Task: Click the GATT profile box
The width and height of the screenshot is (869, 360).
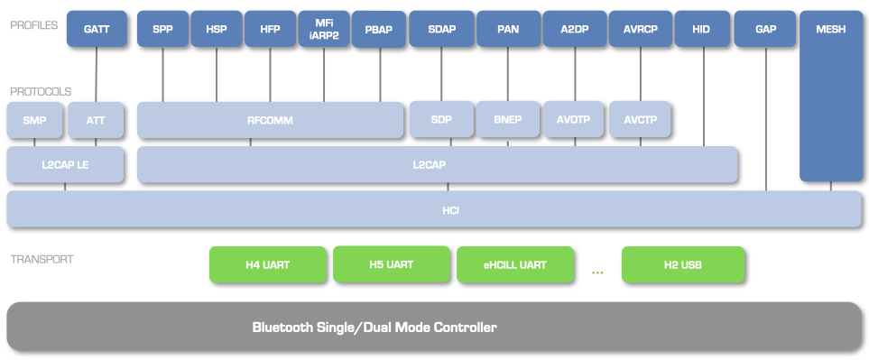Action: (97, 29)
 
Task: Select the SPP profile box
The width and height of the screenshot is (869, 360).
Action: (163, 29)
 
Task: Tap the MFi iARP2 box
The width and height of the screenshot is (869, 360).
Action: (325, 29)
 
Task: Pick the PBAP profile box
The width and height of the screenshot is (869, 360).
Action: (379, 30)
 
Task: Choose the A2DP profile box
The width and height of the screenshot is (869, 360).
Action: (574, 29)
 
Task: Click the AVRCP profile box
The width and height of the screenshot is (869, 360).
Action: (640, 29)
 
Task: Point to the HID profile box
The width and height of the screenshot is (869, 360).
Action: (701, 29)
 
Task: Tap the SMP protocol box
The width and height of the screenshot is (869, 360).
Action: (34, 120)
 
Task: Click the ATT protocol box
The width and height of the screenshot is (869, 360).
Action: (96, 120)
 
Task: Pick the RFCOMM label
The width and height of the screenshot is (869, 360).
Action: (270, 120)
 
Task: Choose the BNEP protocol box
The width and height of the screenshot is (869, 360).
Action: (507, 120)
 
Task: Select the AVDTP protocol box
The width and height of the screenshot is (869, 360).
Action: (573, 120)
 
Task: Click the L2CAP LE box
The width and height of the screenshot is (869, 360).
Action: (65, 165)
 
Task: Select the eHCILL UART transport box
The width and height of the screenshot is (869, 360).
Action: (514, 265)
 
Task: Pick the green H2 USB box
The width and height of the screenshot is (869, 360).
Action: (683, 265)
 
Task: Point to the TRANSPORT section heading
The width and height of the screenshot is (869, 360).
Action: (42, 260)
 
